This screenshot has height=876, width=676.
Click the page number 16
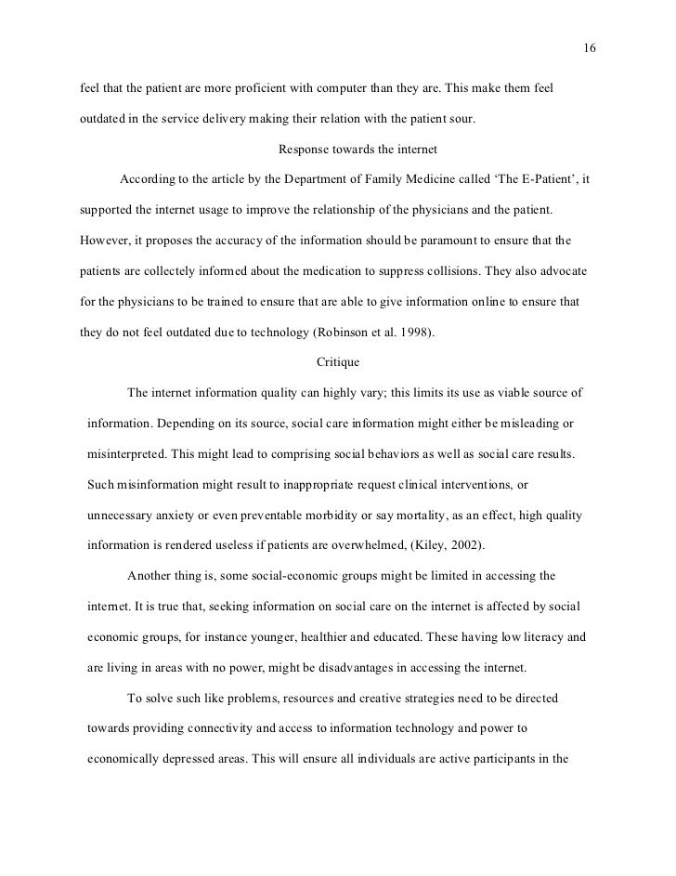590,48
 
